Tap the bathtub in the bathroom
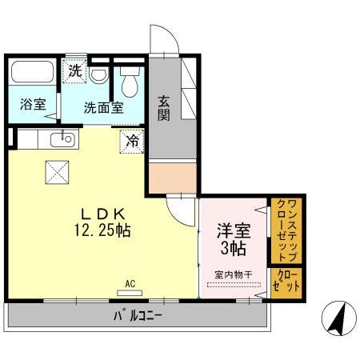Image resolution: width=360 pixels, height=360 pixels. click(33, 74)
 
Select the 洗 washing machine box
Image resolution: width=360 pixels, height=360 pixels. click(74, 70)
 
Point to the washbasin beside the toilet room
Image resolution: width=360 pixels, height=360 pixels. click(97, 74)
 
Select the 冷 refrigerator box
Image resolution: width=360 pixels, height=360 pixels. click(133, 142)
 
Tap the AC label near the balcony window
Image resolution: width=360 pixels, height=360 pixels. click(130, 282)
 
